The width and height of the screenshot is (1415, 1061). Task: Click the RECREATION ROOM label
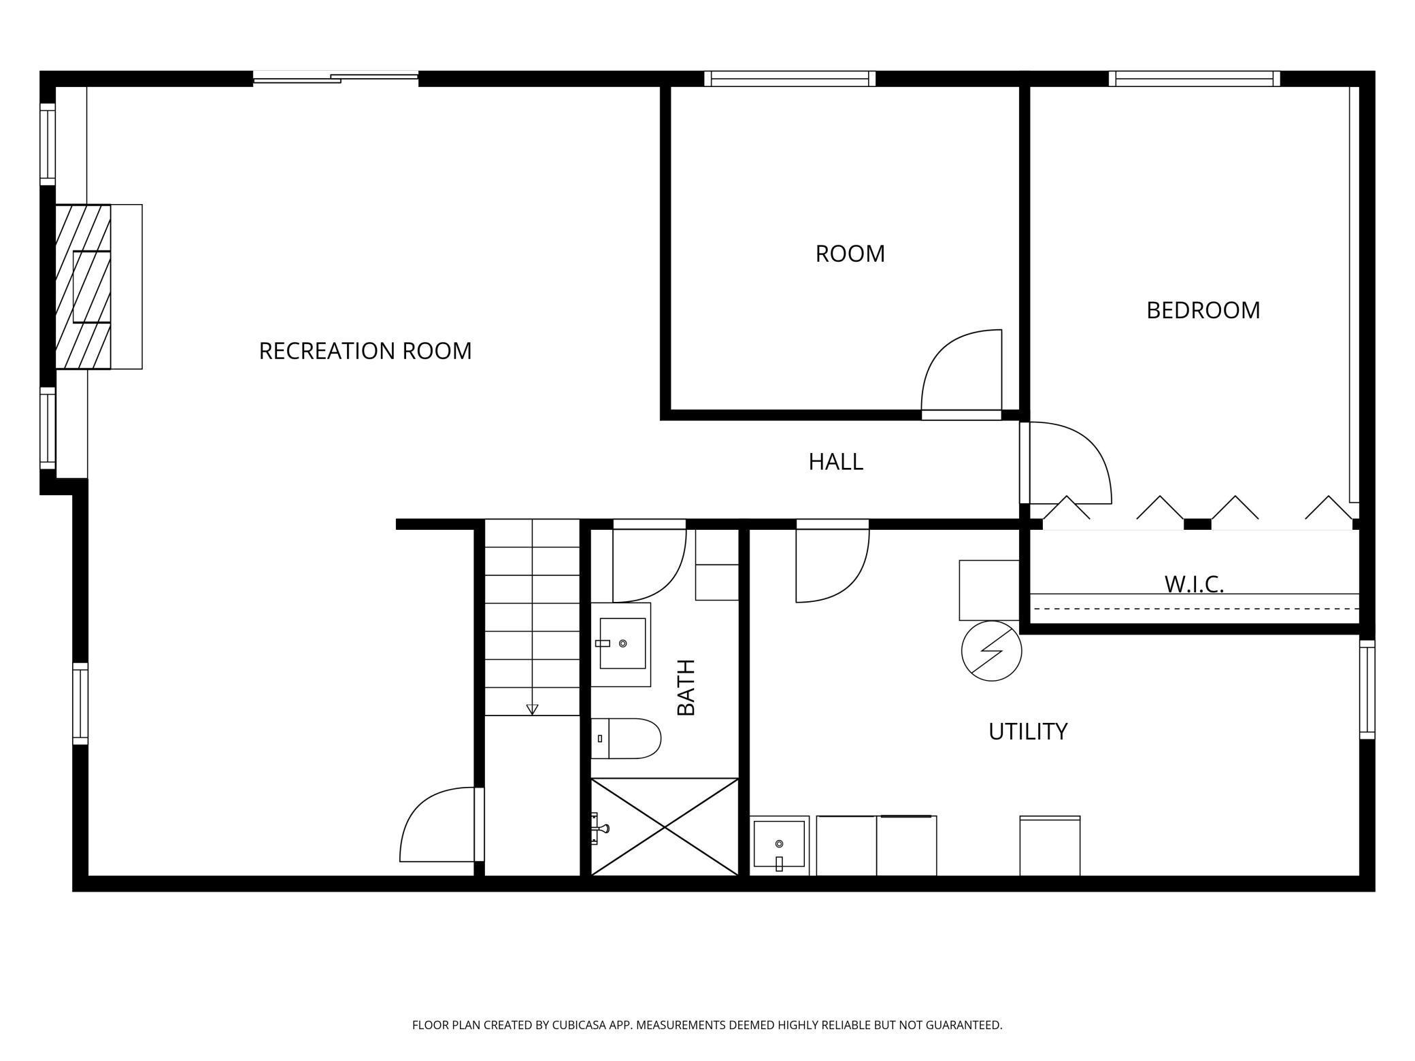tap(365, 351)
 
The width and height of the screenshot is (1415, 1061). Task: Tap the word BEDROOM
tap(1203, 310)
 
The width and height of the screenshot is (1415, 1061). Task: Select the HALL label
tap(835, 462)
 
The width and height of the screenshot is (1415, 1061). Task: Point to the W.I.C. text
tap(1194, 584)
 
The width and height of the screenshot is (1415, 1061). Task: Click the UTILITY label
tap(1027, 732)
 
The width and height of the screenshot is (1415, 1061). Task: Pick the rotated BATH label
tap(686, 687)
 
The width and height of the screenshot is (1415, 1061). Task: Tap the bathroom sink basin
tap(622, 643)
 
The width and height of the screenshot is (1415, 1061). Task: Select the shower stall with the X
tap(665, 826)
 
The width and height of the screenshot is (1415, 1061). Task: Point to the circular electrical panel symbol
tap(991, 651)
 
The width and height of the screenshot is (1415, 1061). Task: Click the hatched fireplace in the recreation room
tap(83, 286)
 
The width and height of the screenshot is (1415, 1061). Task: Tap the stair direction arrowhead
tap(532, 709)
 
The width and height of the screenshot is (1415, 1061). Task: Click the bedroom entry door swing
tap(1068, 462)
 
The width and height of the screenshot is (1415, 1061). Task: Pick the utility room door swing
tap(831, 565)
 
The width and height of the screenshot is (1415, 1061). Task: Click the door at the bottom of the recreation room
tap(439, 824)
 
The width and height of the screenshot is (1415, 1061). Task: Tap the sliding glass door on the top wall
tap(335, 78)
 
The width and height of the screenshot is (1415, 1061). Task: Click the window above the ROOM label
tap(789, 79)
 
